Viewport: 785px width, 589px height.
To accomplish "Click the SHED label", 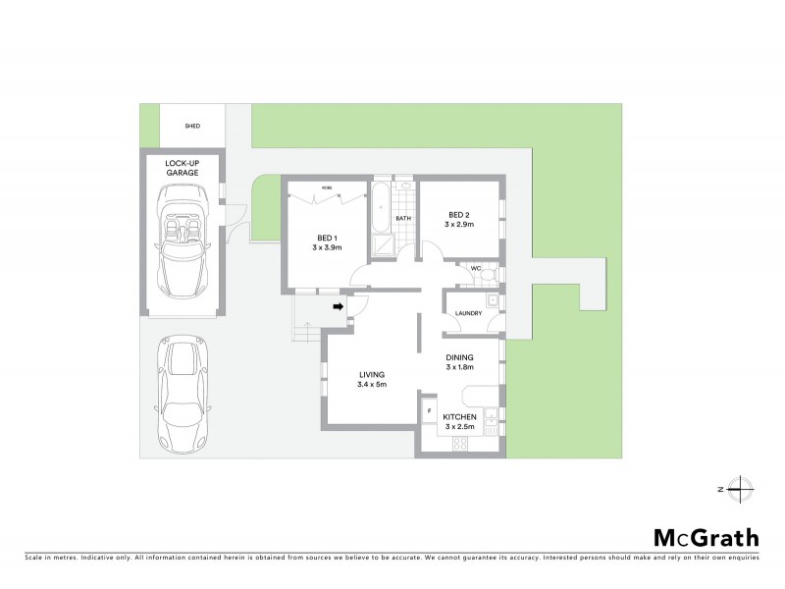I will pyautogui.click(x=191, y=127).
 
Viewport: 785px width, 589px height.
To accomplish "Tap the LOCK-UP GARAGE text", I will pyautogui.click(x=182, y=167).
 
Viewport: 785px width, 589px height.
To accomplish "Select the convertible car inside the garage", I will pyautogui.click(x=182, y=241).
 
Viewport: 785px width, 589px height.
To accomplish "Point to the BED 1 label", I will pyautogui.click(x=327, y=237).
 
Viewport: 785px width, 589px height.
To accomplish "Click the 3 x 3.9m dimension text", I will pyautogui.click(x=327, y=248).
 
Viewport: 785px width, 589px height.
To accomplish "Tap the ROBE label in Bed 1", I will pyautogui.click(x=326, y=186).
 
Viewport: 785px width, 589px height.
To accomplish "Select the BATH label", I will pyautogui.click(x=402, y=219).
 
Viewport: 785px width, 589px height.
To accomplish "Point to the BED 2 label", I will pyautogui.click(x=459, y=215).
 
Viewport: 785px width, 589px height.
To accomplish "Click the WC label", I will pyautogui.click(x=474, y=268).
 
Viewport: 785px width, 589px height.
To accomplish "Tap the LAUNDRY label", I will pyautogui.click(x=467, y=313).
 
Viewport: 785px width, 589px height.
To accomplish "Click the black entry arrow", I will pyautogui.click(x=338, y=307).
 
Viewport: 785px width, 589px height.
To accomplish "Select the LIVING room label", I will pyautogui.click(x=372, y=374).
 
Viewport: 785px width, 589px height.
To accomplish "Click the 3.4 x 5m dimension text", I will pyautogui.click(x=372, y=385).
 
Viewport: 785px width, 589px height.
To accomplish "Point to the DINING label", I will pyautogui.click(x=459, y=357).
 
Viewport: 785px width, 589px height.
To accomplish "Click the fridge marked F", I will pyautogui.click(x=428, y=409).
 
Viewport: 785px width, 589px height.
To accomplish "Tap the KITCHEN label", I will pyautogui.click(x=459, y=417).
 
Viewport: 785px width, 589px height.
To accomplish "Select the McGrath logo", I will pyautogui.click(x=706, y=537).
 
